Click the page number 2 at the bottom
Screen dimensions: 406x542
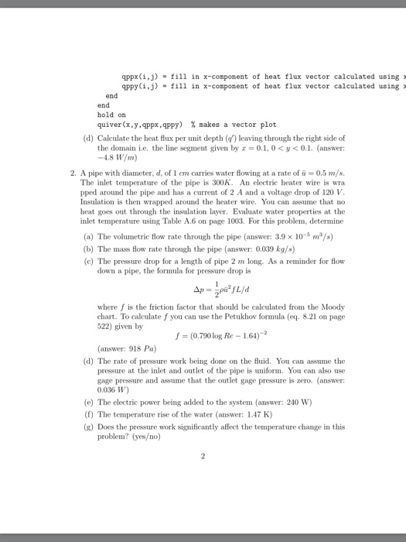203,456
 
